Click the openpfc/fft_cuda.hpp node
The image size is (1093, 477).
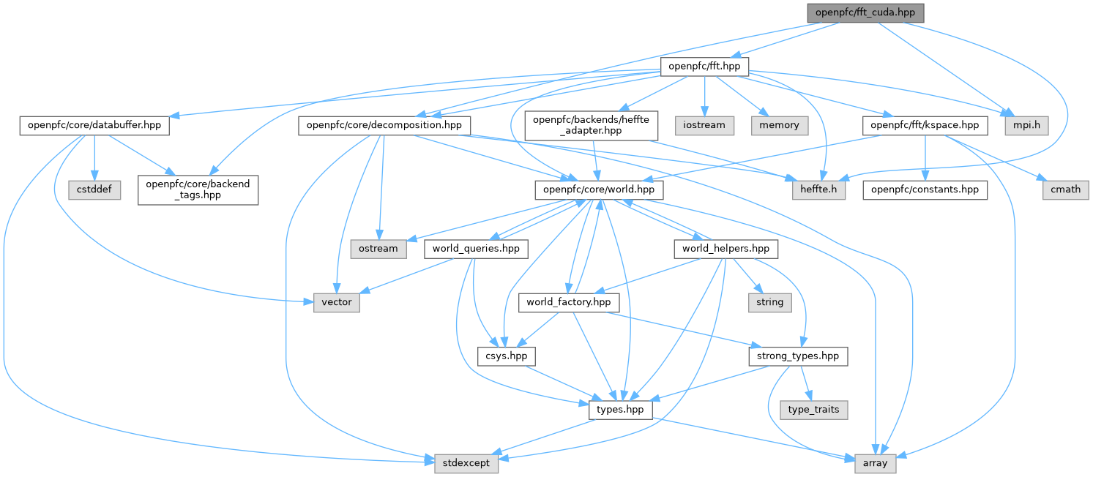coord(866,12)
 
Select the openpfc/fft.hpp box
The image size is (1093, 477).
coord(704,67)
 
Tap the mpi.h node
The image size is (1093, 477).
coord(1031,125)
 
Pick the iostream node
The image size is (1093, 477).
coord(704,125)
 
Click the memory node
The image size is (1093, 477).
coord(779,125)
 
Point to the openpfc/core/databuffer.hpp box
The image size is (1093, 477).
coord(94,125)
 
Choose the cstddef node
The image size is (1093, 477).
coord(94,189)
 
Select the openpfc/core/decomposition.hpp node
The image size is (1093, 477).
coord(384,125)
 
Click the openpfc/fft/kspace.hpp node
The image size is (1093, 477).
coord(925,125)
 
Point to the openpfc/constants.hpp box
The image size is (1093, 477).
coord(925,189)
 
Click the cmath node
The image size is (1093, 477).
coord(1065,189)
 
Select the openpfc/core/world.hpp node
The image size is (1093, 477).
coord(599,189)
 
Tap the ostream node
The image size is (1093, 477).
coord(378,249)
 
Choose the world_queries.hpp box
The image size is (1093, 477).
coord(476,249)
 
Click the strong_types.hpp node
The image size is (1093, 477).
coord(798,356)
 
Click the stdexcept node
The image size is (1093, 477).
coord(466,463)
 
